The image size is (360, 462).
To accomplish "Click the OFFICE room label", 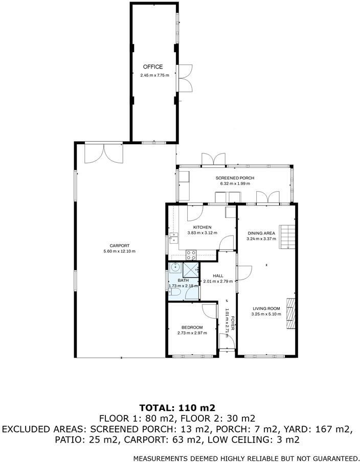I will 152,67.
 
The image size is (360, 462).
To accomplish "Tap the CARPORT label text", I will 119,245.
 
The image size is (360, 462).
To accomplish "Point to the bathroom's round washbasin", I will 175,266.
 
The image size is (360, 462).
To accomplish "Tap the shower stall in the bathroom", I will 190,268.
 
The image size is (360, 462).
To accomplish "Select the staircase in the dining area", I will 287,237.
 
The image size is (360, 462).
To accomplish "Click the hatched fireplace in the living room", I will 290,312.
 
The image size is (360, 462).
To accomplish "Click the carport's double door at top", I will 104,153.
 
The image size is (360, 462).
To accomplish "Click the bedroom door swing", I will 209,313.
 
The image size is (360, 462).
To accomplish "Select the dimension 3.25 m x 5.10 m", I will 266,315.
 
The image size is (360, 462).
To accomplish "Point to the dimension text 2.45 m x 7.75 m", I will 154,76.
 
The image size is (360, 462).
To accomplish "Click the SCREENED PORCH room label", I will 235,178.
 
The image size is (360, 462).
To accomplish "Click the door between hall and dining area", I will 243,273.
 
